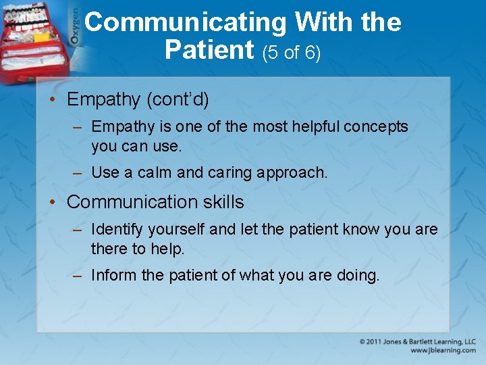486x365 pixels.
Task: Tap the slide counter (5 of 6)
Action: tap(291, 52)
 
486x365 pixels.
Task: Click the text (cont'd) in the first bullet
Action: tap(178, 99)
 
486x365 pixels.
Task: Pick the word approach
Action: tap(296, 173)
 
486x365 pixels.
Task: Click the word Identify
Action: tap(116, 230)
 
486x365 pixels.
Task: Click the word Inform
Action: tap(113, 275)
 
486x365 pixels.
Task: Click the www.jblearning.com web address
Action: tap(443, 351)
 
